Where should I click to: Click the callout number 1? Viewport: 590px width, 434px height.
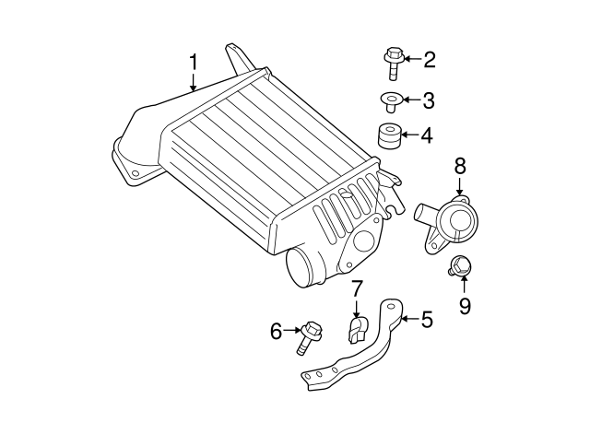tap(194, 63)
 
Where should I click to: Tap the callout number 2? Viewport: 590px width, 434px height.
tap(429, 62)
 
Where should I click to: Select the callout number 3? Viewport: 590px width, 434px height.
tap(429, 100)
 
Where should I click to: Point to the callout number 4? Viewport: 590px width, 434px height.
tap(426, 136)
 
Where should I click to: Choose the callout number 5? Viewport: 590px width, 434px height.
tap(426, 321)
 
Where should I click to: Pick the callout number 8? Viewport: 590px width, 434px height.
tap(460, 167)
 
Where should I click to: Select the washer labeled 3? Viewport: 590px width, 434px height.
tap(389, 100)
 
